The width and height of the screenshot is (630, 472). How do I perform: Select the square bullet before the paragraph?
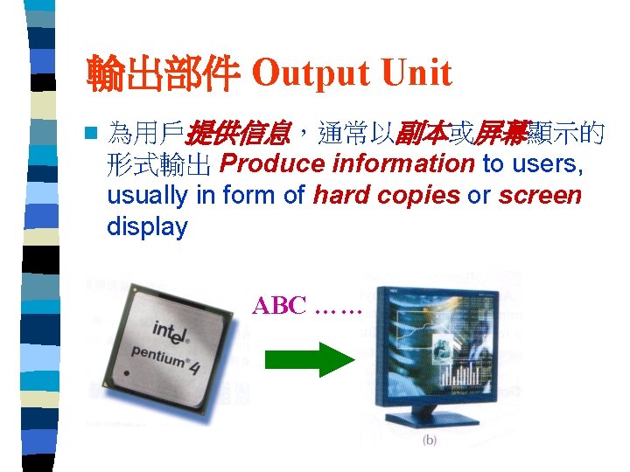(87, 134)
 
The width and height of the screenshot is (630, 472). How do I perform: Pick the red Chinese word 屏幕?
(502, 134)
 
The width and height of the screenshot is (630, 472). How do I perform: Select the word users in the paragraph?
(548, 164)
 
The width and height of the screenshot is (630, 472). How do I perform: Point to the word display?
(147, 227)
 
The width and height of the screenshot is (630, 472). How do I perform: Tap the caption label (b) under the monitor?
(429, 440)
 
